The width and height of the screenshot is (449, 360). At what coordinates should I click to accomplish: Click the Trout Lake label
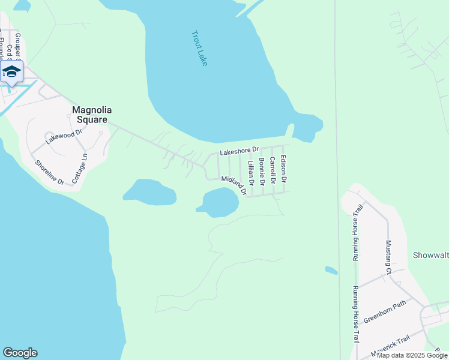[x=199, y=48]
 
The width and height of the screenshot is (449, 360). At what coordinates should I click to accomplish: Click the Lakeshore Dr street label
[x=239, y=152]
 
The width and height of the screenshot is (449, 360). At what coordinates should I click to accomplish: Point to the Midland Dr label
[x=234, y=185]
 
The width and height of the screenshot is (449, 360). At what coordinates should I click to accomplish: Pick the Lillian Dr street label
[x=251, y=172]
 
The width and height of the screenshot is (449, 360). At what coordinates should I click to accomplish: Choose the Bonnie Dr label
[x=262, y=171]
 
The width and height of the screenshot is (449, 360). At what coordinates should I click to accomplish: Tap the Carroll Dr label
[x=273, y=170]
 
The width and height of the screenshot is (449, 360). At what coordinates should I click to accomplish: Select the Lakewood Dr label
[x=63, y=137]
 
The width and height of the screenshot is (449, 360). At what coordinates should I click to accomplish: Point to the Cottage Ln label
[x=79, y=169]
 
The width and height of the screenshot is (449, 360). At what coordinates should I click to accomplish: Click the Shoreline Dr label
[x=49, y=172]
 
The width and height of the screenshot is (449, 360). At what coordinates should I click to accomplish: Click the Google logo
[x=20, y=353]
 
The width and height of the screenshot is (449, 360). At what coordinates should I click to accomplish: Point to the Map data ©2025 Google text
[x=412, y=355]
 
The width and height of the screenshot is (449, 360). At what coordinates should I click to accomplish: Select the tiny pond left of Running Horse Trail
[x=331, y=271]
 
